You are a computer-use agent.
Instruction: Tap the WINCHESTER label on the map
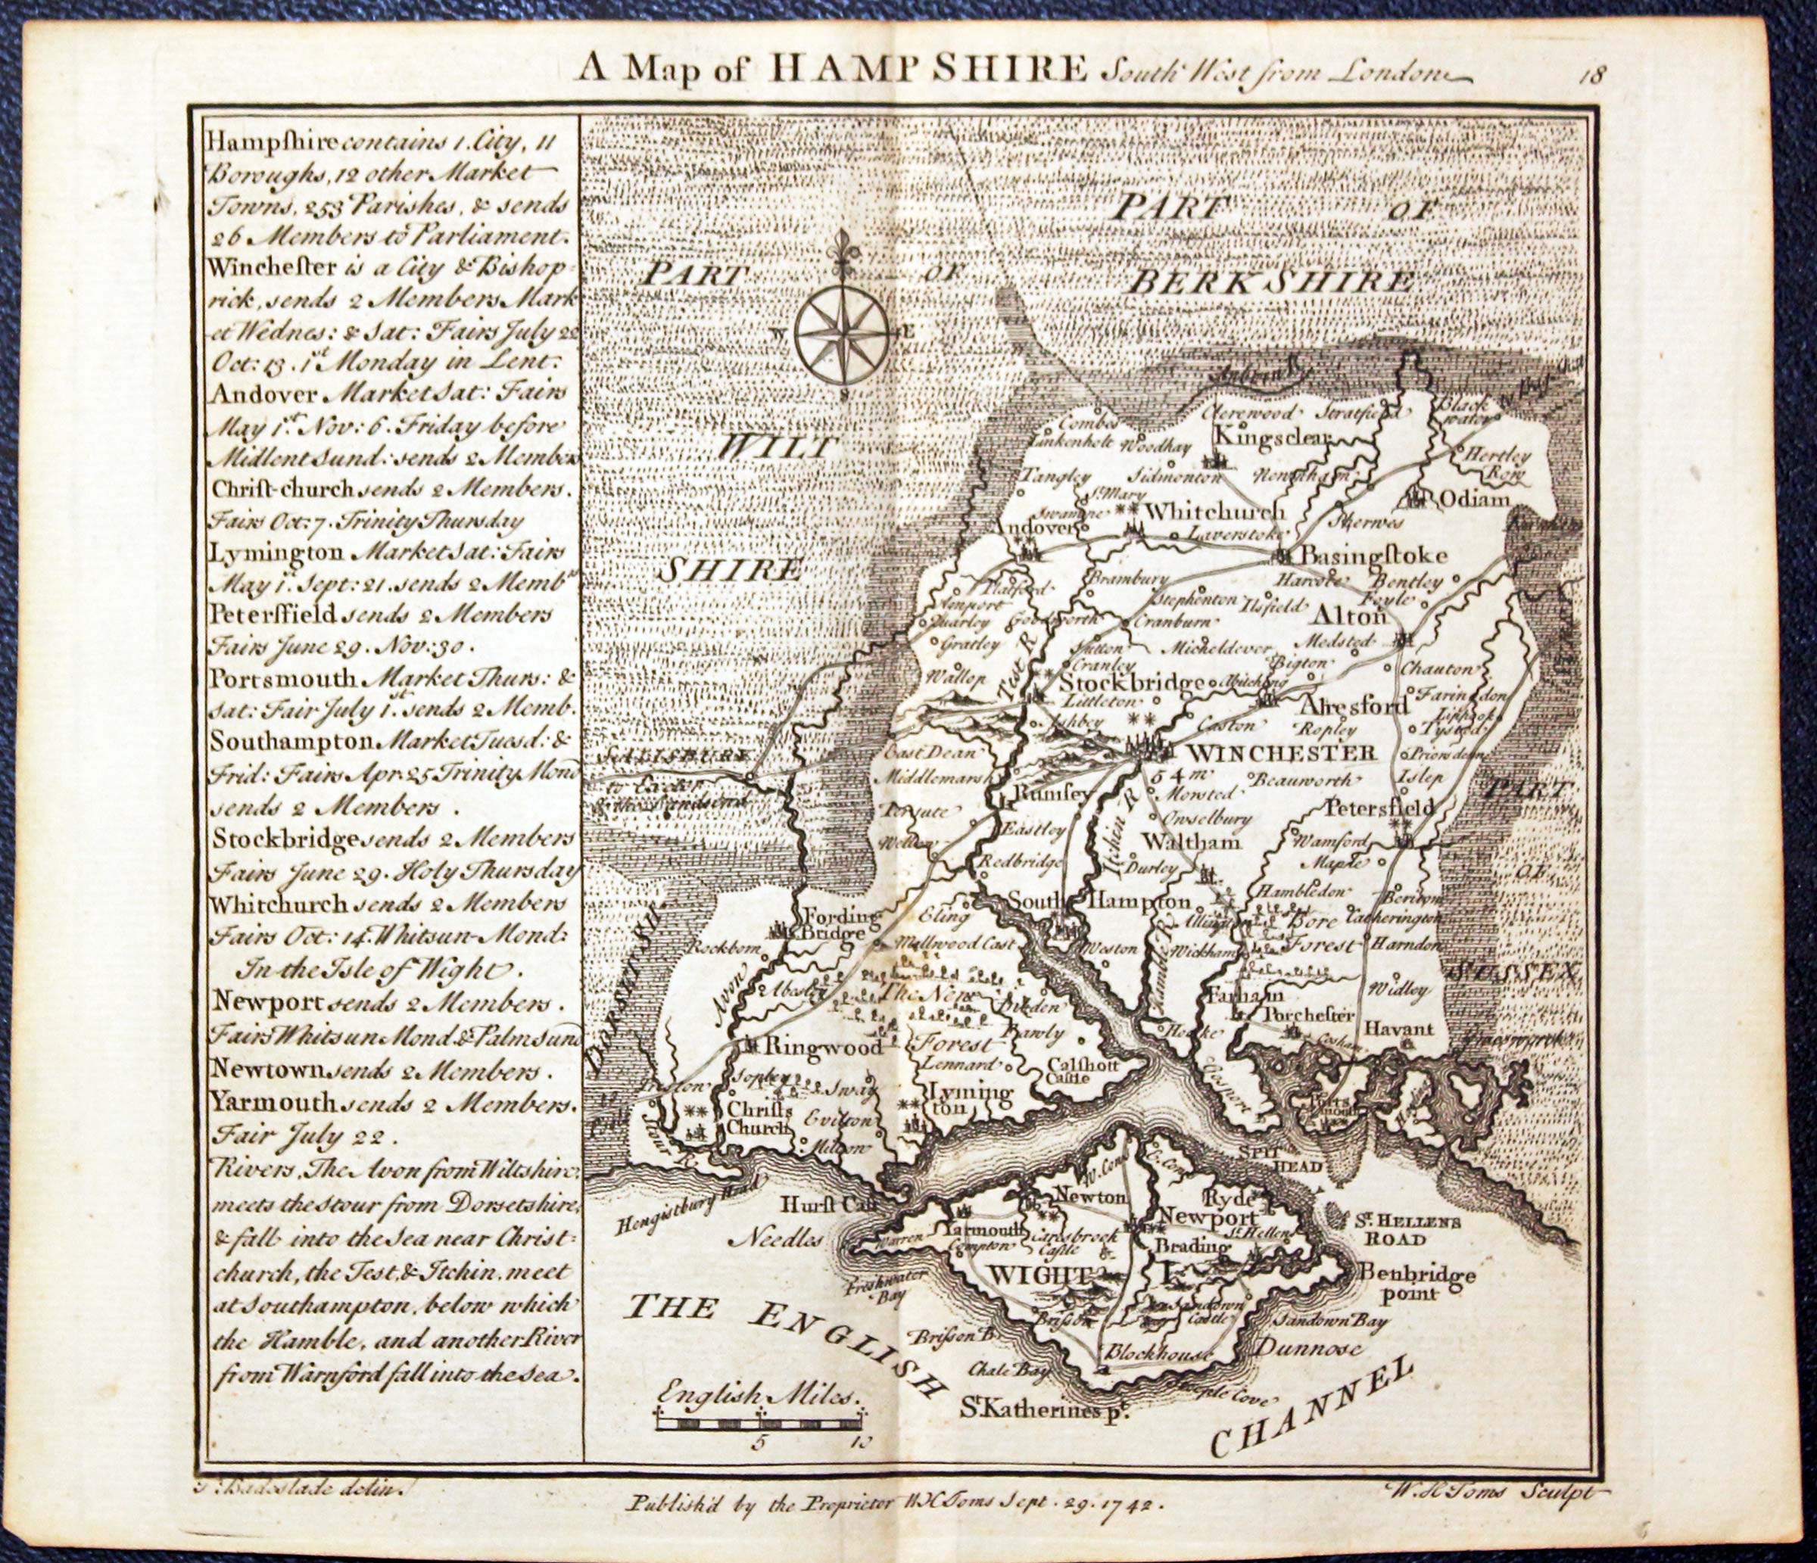click(1248, 752)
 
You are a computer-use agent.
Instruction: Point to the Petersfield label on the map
click(1378, 805)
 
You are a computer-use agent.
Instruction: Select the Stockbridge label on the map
click(1131, 683)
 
